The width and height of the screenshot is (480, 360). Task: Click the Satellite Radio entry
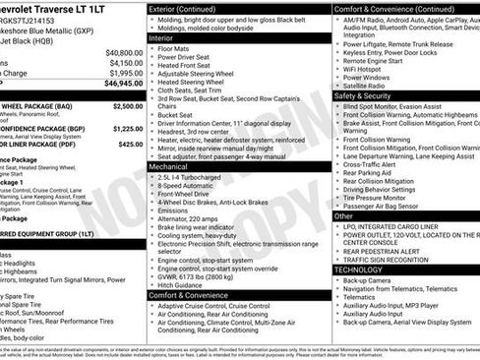(365, 86)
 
